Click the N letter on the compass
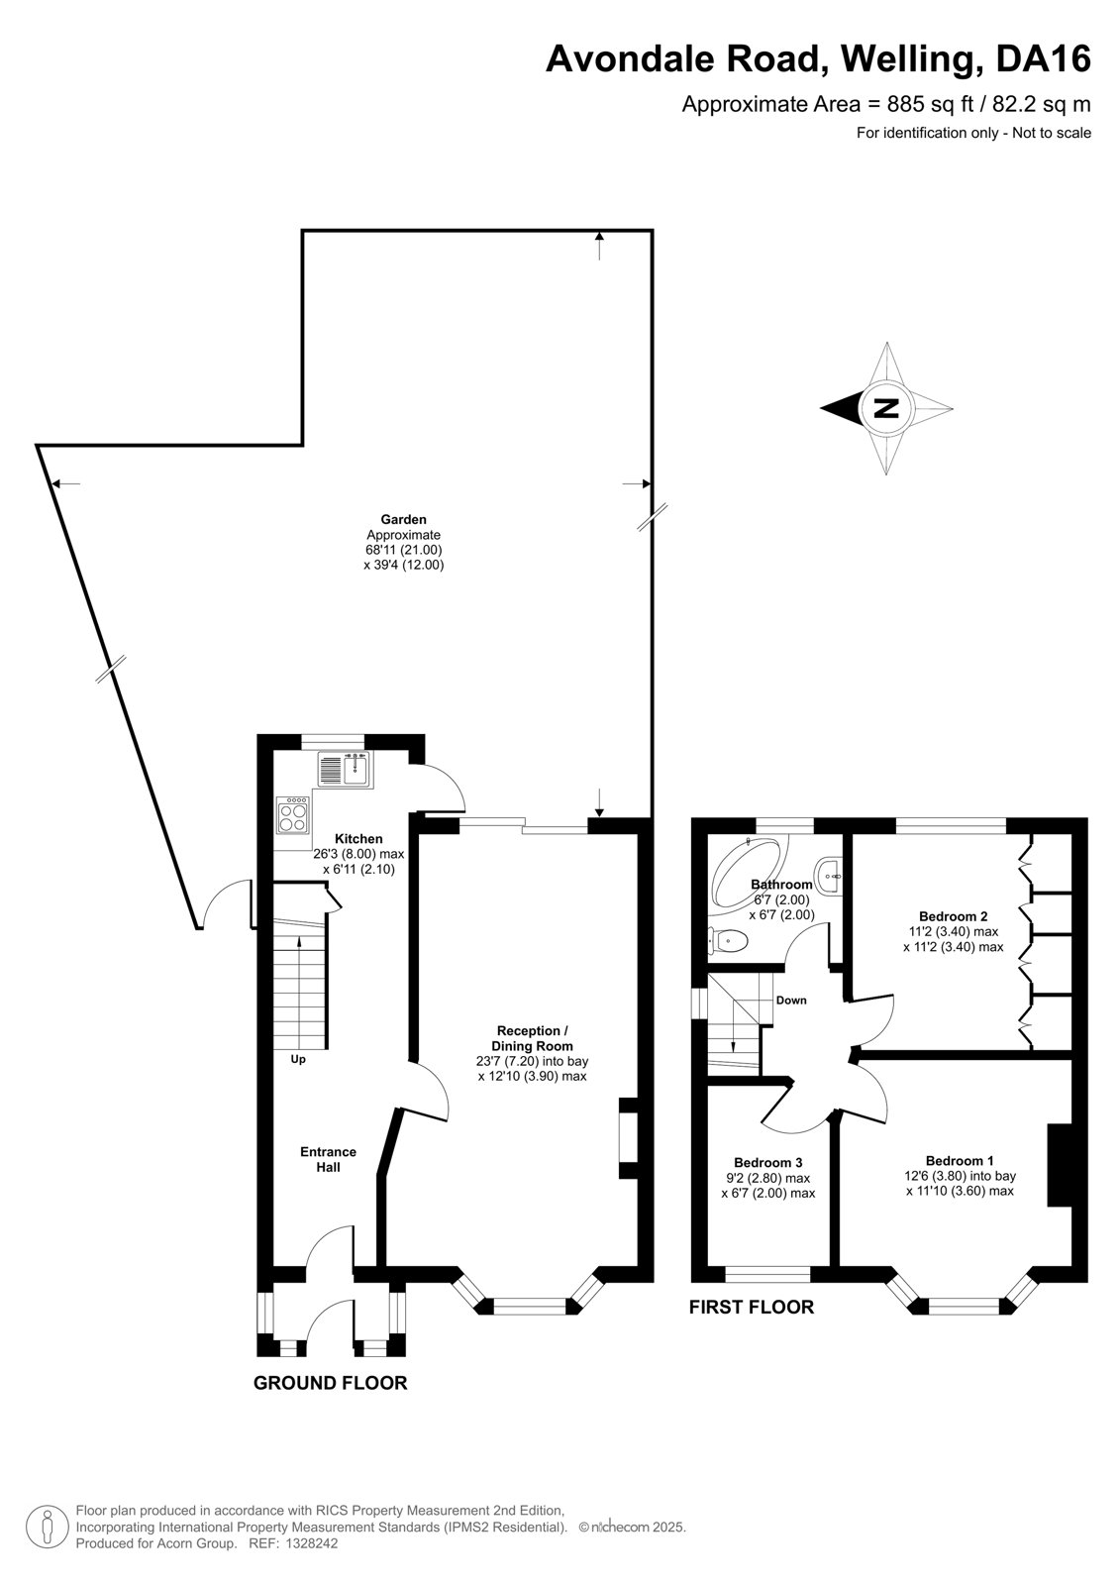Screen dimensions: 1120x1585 886,408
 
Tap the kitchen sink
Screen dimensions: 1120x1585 346,770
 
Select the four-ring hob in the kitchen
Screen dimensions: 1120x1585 293,814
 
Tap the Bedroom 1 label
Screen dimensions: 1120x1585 960,1160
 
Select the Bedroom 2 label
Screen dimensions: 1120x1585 953,915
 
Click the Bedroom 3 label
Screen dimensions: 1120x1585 767,1162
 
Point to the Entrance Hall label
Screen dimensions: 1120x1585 329,1159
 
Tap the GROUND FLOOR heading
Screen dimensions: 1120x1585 331,1383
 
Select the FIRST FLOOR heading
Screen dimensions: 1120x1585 752,1307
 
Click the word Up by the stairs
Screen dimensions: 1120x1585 298,1059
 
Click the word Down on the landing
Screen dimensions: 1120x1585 791,1000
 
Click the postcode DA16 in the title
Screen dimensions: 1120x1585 1043,58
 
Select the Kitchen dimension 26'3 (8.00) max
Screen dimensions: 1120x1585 358,854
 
